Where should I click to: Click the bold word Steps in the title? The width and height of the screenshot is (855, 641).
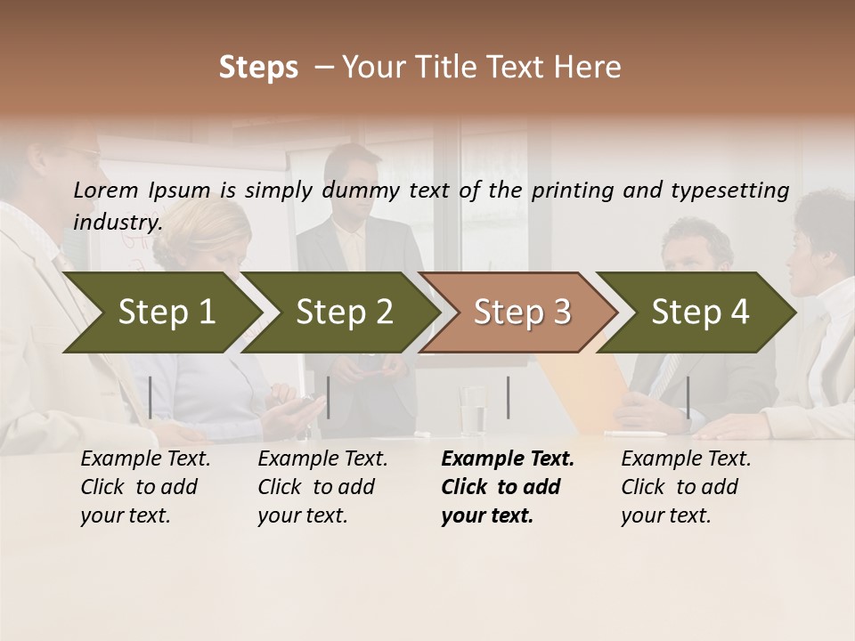258,68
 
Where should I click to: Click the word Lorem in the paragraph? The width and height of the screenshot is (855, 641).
105,190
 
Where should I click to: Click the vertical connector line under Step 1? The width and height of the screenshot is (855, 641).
151,397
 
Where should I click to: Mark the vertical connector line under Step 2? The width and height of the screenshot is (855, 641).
329,397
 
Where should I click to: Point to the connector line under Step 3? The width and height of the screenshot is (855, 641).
508,397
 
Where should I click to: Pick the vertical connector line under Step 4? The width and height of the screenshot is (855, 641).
688,397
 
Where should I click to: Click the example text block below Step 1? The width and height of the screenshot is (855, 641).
145,487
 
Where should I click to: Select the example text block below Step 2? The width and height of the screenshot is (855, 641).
322,487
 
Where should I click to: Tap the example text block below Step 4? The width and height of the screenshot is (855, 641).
686,487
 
